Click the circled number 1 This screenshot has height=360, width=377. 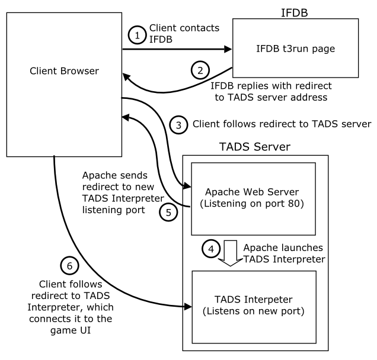tap(137, 36)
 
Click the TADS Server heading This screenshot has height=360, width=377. tap(254, 146)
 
